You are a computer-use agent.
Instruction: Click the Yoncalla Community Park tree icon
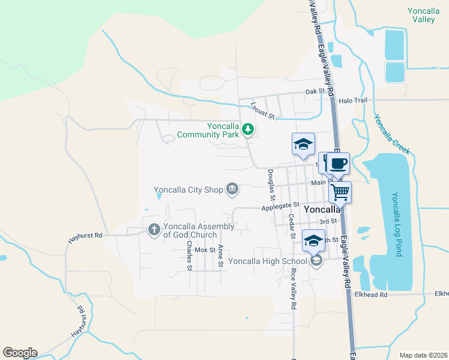coord(247,128)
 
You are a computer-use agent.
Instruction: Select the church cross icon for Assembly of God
coord(154,229)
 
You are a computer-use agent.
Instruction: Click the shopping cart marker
coord(340,192)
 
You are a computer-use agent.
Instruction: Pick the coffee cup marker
coord(339,163)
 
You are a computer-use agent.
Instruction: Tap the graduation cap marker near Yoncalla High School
coord(313,241)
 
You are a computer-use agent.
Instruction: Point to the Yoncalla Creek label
coord(393,134)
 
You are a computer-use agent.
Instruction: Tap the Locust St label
coord(262,110)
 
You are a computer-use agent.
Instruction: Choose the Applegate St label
coord(280,208)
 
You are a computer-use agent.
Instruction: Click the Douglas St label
coord(271,184)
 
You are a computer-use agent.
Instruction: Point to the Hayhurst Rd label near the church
coord(85,237)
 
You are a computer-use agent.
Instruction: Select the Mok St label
coord(205,250)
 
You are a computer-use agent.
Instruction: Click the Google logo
coord(20,353)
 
